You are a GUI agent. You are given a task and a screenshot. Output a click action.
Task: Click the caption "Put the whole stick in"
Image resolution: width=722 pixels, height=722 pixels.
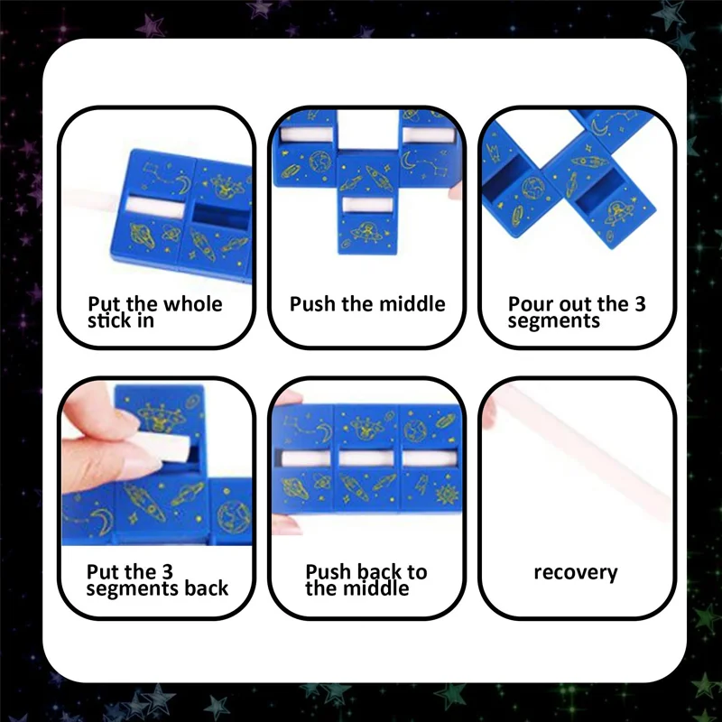coord(154,311)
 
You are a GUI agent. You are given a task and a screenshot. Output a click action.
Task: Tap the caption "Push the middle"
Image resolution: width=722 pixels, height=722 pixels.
coord(367,303)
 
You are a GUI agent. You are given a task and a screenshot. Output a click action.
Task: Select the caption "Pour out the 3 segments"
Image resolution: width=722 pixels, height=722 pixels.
coord(577,311)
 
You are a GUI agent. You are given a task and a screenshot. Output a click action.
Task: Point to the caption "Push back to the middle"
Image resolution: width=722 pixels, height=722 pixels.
coord(366,579)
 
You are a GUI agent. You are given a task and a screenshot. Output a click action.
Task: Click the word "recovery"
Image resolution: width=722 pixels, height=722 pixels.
coord(576,572)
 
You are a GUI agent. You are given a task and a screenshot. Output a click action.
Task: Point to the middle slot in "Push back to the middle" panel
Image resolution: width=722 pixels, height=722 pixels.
coord(366,458)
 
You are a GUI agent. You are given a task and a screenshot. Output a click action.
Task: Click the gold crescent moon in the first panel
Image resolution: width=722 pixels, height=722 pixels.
coord(182,185)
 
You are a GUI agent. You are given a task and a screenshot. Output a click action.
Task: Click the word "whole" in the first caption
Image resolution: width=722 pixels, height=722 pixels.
coord(190,303)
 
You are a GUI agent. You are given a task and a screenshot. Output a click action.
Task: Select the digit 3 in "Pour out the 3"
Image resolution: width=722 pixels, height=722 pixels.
coord(639,303)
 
